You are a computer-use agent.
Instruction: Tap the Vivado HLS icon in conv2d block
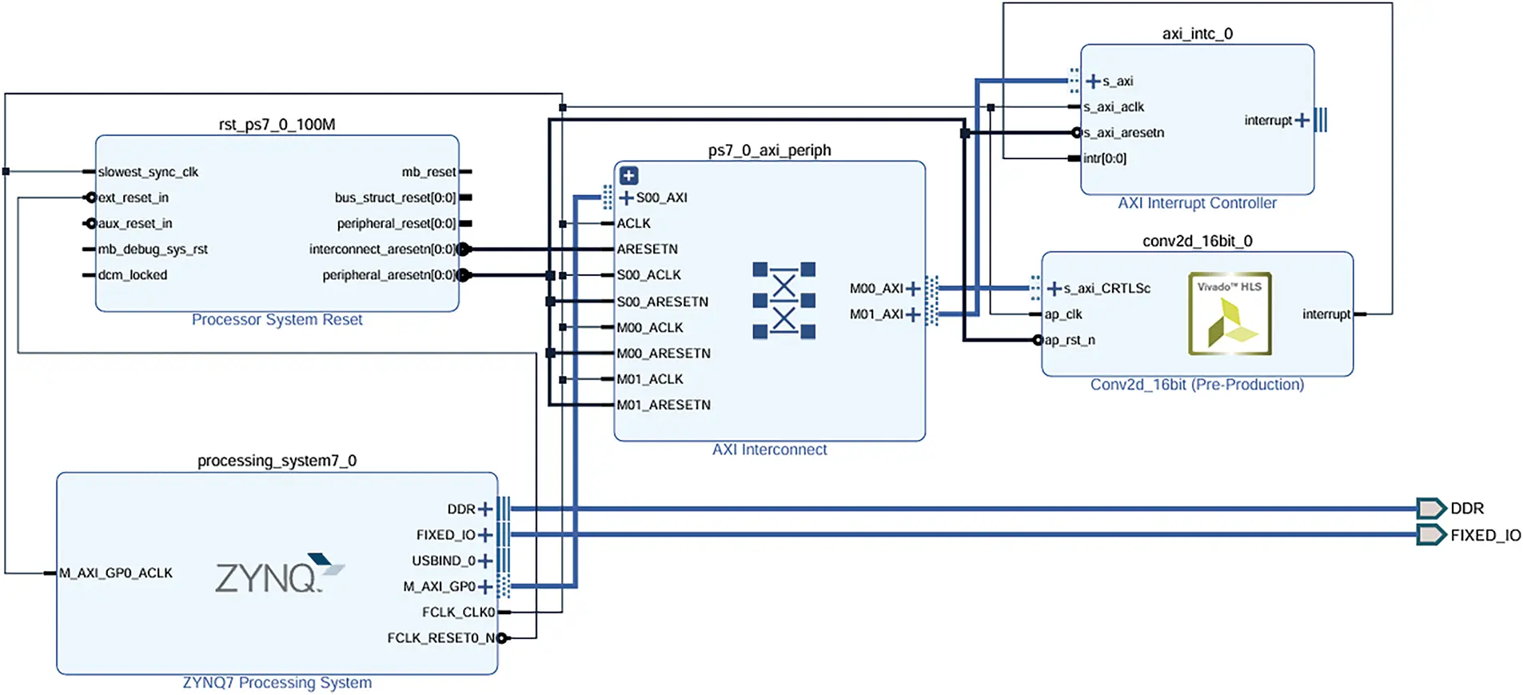click(x=1229, y=314)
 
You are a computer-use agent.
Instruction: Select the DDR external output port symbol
click(x=1430, y=508)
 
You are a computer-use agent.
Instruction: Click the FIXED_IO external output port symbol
click(x=1430, y=534)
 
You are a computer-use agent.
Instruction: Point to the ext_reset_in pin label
click(x=133, y=198)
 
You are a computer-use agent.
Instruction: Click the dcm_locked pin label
click(x=132, y=275)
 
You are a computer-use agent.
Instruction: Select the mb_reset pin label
click(x=429, y=172)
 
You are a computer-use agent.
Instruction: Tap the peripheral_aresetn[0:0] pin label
click(x=389, y=275)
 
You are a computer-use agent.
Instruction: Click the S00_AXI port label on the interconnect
click(x=661, y=198)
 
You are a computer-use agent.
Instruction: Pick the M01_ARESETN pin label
click(x=663, y=405)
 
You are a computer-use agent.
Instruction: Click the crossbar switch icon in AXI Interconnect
click(x=783, y=300)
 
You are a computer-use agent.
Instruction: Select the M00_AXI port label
click(x=876, y=289)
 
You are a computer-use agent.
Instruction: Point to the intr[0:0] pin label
click(x=1104, y=158)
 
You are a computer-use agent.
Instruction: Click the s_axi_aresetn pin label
click(x=1123, y=133)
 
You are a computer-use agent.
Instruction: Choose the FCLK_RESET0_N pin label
click(x=441, y=637)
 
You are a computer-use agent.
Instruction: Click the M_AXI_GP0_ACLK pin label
click(x=115, y=573)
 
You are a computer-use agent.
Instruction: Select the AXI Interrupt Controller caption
click(x=1196, y=203)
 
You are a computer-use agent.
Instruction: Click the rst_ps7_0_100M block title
click(x=277, y=124)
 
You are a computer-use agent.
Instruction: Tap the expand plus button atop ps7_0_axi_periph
click(x=629, y=175)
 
